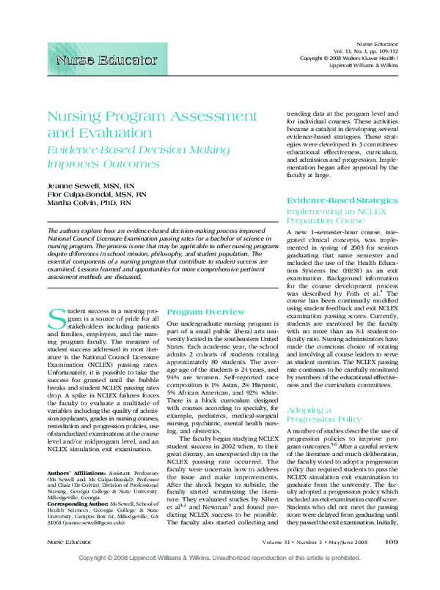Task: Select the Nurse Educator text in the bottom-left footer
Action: (67, 562)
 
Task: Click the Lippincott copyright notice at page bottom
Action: (220, 578)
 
